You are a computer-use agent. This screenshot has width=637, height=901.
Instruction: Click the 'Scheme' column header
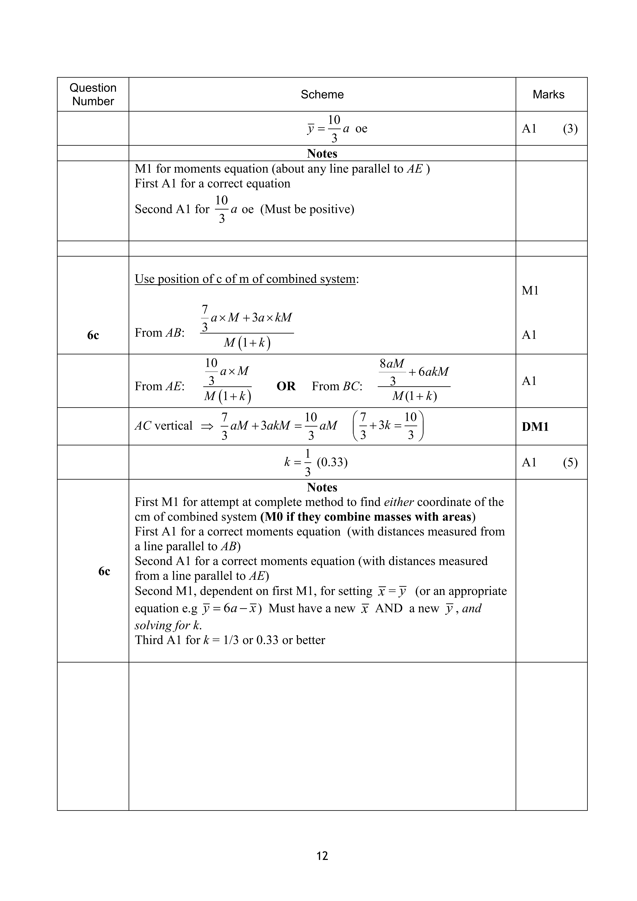[322, 95]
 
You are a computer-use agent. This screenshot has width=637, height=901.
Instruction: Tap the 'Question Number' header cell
[93, 95]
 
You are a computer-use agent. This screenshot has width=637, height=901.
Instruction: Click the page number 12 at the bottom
[322, 855]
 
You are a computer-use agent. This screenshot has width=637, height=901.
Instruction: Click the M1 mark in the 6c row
[530, 291]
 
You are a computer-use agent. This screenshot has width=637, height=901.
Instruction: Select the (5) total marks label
[570, 463]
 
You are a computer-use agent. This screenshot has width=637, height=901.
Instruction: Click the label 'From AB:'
[159, 333]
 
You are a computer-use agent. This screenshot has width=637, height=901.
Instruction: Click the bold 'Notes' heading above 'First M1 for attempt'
[322, 487]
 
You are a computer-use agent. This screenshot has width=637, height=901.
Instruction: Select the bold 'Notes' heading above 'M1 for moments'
[322, 153]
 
